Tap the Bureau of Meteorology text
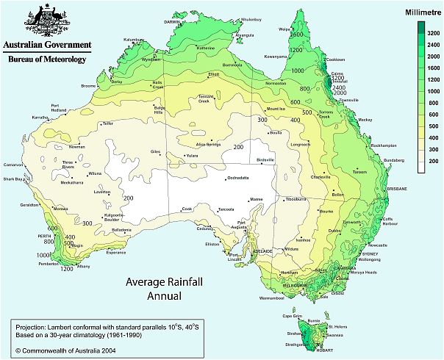pyautogui.click(x=46, y=58)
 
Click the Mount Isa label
pyautogui.click(x=275, y=109)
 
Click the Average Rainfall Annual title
pyautogui.click(x=159, y=289)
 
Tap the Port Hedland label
pyautogui.click(x=60, y=108)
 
